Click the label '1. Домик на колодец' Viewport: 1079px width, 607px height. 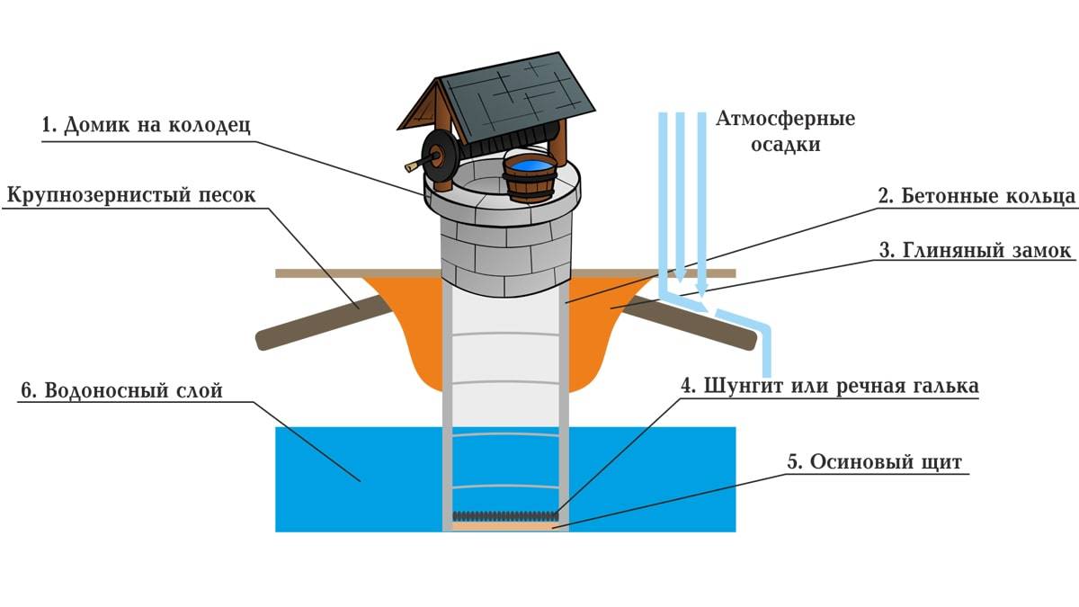(x=146, y=125)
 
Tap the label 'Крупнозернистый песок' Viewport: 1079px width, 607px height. (x=131, y=195)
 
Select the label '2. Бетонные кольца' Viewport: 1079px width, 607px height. (x=976, y=196)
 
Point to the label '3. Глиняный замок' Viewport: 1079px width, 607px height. (x=976, y=251)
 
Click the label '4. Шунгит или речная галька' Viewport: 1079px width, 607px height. (x=830, y=387)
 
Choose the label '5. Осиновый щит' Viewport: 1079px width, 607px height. (x=875, y=462)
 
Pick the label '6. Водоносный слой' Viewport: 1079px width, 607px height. (x=122, y=390)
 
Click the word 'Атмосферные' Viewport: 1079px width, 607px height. (x=786, y=119)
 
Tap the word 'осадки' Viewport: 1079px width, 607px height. (x=786, y=145)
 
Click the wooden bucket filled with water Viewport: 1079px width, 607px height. (x=530, y=176)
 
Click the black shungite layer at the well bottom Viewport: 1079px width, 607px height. (x=505, y=516)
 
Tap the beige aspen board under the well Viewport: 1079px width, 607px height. (x=505, y=527)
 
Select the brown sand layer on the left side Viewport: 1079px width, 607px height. (x=324, y=323)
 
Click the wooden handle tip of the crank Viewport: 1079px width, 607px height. (x=411, y=166)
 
